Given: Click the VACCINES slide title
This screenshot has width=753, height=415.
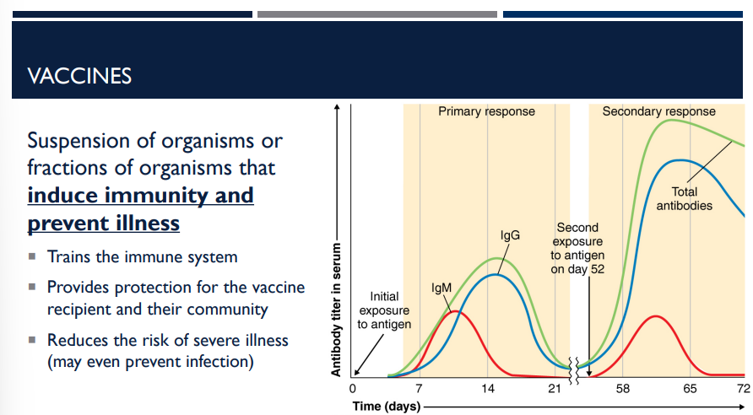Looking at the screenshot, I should click(79, 77).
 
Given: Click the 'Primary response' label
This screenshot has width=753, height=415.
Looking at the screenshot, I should click(486, 111).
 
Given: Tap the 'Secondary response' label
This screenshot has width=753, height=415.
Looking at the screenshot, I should click(658, 111).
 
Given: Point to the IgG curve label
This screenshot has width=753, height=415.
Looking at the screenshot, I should click(510, 235).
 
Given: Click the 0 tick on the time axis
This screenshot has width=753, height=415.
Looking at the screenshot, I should click(353, 389).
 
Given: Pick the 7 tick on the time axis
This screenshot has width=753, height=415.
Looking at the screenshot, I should click(420, 389).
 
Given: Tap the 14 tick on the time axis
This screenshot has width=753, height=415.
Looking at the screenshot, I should click(488, 389).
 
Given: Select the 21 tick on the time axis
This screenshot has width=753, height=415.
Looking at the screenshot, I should click(555, 389).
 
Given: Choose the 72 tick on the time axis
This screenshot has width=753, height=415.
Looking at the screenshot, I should click(743, 389).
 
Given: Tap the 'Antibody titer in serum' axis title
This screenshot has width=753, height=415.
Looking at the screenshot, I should click(335, 310).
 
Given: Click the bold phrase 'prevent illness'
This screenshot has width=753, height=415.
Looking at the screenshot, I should click(103, 224).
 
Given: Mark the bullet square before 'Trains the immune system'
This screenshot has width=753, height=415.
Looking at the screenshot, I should click(31, 256).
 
